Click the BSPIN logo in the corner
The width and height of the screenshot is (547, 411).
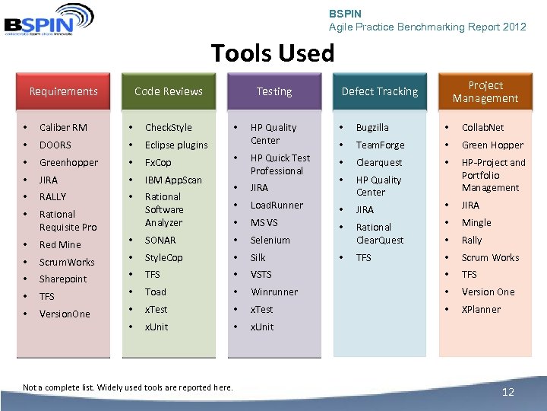tap(49, 20)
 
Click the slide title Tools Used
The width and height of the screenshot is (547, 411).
tap(272, 53)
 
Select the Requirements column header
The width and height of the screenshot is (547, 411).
tap(63, 91)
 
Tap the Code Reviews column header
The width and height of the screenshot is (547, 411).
tap(168, 91)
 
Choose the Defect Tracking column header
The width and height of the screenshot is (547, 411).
tap(379, 91)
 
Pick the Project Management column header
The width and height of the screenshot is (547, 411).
tap(485, 91)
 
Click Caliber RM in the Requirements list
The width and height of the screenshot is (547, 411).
tap(63, 127)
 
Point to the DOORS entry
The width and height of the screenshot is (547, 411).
tap(55, 145)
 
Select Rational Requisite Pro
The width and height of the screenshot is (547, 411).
tap(68, 221)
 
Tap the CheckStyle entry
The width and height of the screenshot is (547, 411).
tap(168, 127)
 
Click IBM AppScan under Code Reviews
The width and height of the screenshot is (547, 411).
tap(173, 180)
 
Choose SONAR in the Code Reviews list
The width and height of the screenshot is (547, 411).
tap(160, 240)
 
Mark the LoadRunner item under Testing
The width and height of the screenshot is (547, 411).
tap(277, 205)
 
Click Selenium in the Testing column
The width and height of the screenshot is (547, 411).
tap(270, 240)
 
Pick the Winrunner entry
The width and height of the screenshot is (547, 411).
tap(273, 292)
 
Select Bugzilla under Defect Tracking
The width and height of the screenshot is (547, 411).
tap(372, 127)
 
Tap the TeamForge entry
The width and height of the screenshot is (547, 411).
tap(380, 145)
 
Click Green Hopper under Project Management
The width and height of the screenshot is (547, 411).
tap(492, 145)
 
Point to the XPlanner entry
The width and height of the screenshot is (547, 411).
tap(481, 309)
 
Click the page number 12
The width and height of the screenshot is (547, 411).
tap(508, 392)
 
